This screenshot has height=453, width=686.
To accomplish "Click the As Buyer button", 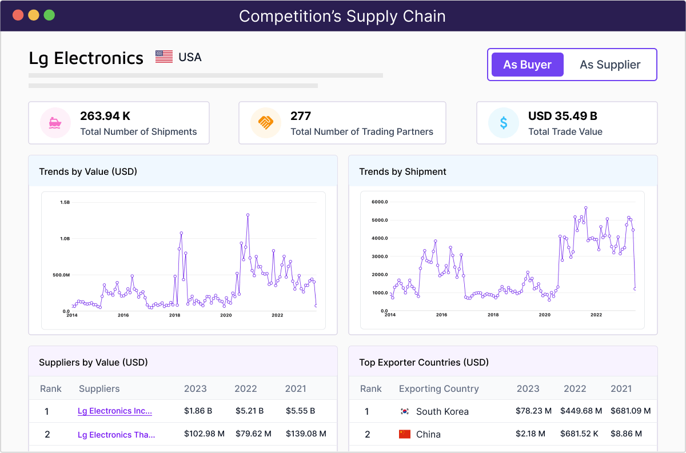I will pyautogui.click(x=527, y=65).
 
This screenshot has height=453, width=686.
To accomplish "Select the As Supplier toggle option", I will pyautogui.click(x=610, y=65).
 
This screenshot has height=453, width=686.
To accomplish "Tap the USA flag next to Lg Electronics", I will pyautogui.click(x=164, y=57).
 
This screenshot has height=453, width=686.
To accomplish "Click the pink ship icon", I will pyautogui.click(x=55, y=123).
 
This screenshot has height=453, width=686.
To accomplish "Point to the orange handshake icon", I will pyautogui.click(x=265, y=123).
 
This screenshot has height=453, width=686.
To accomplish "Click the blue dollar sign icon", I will pyautogui.click(x=503, y=123).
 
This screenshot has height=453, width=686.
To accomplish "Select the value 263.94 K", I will pyautogui.click(x=105, y=116).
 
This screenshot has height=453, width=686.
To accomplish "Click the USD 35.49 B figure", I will pyautogui.click(x=563, y=116).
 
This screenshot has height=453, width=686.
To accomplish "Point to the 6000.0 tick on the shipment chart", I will pyautogui.click(x=380, y=202).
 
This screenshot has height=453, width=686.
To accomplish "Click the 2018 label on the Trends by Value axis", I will pyautogui.click(x=174, y=315).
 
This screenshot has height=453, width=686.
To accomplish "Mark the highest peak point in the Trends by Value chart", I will pyautogui.click(x=248, y=215).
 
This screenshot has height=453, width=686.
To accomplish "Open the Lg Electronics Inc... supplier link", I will pyautogui.click(x=115, y=411).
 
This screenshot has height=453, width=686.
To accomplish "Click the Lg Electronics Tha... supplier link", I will pyautogui.click(x=117, y=434).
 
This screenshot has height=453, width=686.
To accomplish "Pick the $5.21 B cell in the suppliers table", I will pyautogui.click(x=249, y=411).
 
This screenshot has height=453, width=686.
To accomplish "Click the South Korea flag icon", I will pyautogui.click(x=405, y=411).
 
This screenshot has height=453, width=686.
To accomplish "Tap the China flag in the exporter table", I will pyautogui.click(x=405, y=434).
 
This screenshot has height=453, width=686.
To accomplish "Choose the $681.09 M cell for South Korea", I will pyautogui.click(x=631, y=411).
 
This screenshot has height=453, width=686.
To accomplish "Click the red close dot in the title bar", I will pyautogui.click(x=18, y=15).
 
